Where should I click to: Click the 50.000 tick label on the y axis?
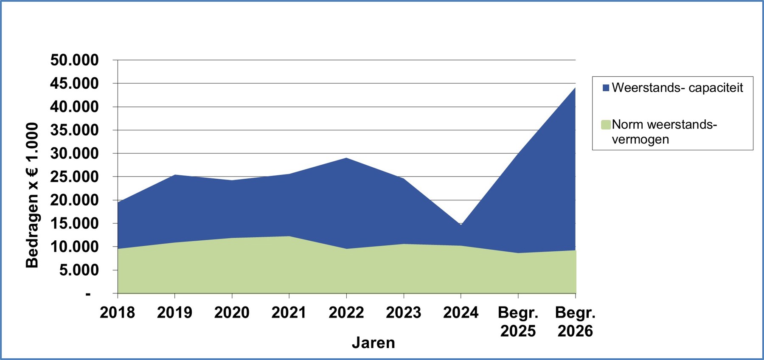coord(74,60)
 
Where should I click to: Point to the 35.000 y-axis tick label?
coord(74,130)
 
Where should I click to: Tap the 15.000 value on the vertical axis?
coord(74,223)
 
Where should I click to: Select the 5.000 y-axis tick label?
coord(79,270)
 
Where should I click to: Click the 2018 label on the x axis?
coord(117,313)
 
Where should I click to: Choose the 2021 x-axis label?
coord(289,313)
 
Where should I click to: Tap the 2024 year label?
coord(461,313)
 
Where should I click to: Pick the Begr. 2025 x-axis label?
coord(518,322)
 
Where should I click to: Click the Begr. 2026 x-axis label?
coord(575,322)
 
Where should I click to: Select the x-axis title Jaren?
coord(373,343)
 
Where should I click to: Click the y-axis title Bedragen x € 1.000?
coord(32,195)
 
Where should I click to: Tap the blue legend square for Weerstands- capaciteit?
coord(606,88)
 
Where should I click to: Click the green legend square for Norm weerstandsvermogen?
coord(606,125)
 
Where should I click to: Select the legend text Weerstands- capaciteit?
coord(677,88)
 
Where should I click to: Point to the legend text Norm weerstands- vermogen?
coord(664,132)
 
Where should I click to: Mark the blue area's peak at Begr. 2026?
coord(575,88)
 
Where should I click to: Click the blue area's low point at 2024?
coord(461,225)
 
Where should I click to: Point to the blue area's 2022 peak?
coord(346,158)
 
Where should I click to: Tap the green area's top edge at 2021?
coord(289,236)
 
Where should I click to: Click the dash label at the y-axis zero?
coord(88,294)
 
